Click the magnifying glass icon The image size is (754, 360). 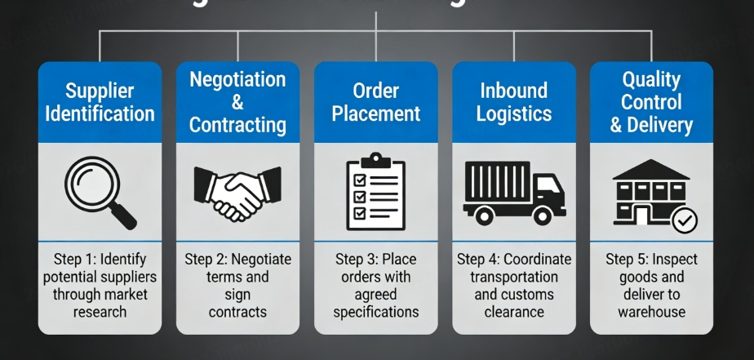100,192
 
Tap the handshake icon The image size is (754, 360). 237,193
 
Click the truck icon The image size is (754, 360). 513,192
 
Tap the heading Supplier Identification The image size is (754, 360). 100,101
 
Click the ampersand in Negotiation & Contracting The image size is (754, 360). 237,103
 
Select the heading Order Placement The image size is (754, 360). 375,101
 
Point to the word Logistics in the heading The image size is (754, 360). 514,113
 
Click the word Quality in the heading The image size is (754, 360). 651,79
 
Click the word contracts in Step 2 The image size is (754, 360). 237,312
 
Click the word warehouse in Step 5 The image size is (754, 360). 652,312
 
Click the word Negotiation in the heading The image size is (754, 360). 237,80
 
